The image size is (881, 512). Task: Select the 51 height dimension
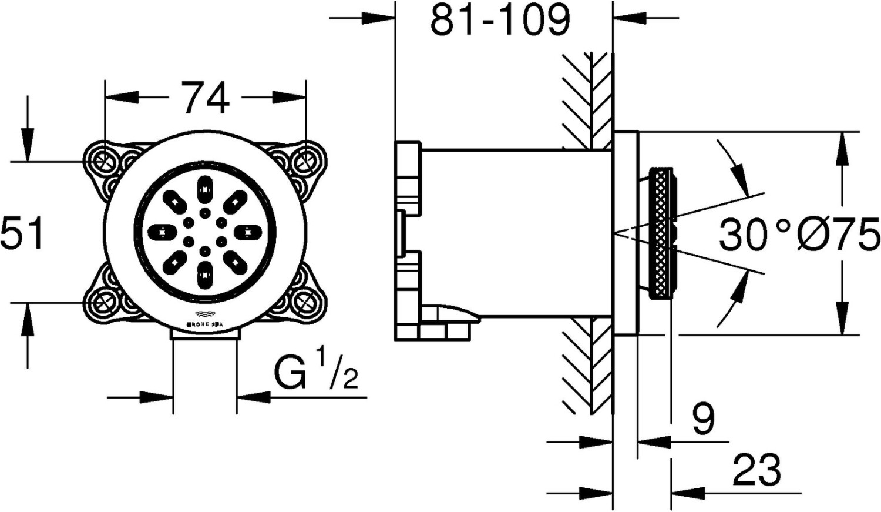(22, 233)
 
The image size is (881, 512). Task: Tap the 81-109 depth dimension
(500, 20)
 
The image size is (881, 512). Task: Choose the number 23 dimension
(756, 470)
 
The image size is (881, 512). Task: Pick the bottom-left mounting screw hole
(105, 303)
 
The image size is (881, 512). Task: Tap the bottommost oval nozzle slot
(205, 275)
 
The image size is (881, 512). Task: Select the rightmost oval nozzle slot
(248, 232)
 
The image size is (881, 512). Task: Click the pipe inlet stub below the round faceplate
(204, 333)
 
